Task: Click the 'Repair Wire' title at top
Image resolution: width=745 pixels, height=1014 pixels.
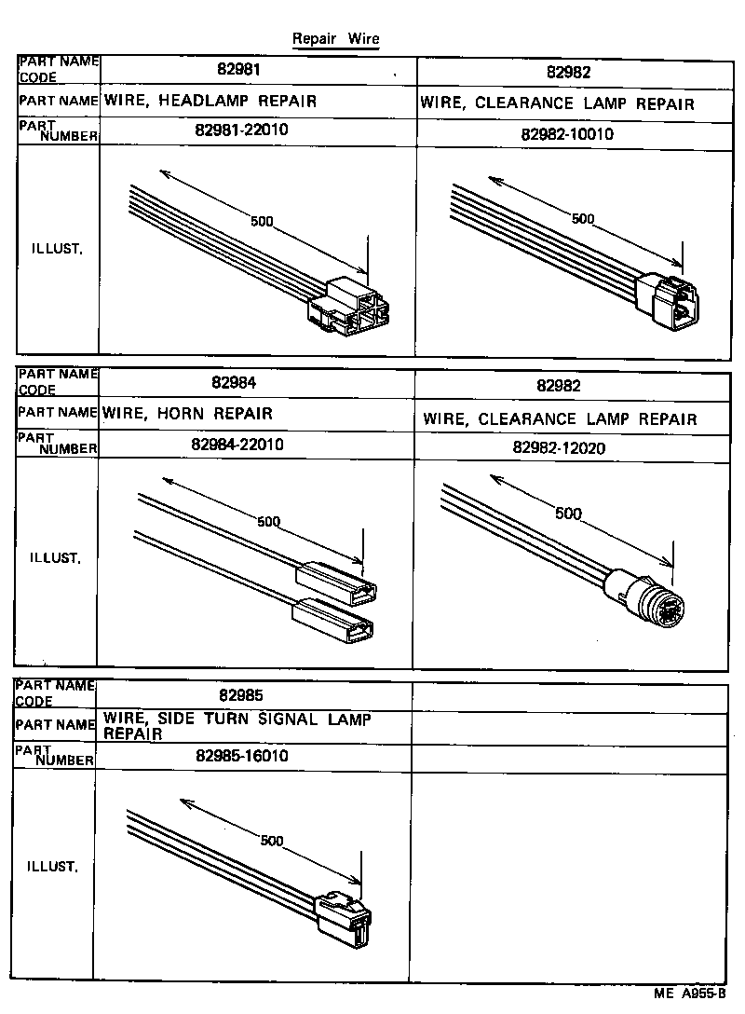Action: pyautogui.click(x=335, y=39)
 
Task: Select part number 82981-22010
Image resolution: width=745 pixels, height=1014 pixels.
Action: pyautogui.click(x=242, y=130)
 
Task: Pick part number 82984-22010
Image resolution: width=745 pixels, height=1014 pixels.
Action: pyautogui.click(x=237, y=445)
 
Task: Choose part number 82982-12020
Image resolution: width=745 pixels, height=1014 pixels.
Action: pyautogui.click(x=559, y=447)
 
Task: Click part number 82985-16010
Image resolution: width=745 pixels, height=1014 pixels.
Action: pyautogui.click(x=242, y=756)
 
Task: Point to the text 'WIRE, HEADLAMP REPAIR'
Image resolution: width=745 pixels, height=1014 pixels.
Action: pyautogui.click(x=210, y=101)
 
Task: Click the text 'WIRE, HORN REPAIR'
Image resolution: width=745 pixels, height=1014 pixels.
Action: pyautogui.click(x=188, y=413)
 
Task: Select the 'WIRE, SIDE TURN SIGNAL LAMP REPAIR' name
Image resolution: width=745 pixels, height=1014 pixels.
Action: pyautogui.click(x=237, y=726)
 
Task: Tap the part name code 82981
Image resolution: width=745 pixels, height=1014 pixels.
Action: pyautogui.click(x=239, y=70)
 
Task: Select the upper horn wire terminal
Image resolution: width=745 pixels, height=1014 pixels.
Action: pyautogui.click(x=337, y=580)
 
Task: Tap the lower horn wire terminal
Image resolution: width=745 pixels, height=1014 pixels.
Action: pyautogui.click(x=333, y=622)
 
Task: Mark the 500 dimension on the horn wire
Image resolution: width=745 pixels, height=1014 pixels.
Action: pyautogui.click(x=268, y=522)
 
